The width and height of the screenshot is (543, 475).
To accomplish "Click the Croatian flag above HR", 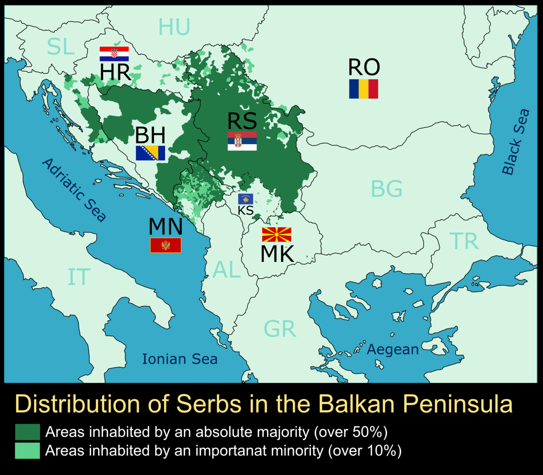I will tap(114, 54).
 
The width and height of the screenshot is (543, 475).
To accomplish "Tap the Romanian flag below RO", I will tap(363, 88).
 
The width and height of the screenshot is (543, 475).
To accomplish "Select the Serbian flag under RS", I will tap(242, 141).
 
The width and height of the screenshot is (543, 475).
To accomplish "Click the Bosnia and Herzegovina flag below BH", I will tap(150, 153).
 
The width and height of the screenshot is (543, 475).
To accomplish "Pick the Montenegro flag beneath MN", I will tap(165, 245).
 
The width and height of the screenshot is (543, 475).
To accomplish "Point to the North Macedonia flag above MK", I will tap(276, 235).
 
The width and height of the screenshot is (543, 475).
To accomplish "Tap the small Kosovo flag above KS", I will tap(245, 199).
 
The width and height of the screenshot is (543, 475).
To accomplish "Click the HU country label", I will tap(174, 27).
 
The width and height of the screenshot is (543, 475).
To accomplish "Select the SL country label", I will tap(61, 47).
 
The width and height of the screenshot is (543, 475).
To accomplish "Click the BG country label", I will tap(386, 189).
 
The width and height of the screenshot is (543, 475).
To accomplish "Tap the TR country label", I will tap(464, 241).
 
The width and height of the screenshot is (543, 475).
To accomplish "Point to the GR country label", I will tap(280, 329).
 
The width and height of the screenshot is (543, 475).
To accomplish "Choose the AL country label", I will tap(227, 270).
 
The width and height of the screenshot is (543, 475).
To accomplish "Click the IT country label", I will tap(79, 277).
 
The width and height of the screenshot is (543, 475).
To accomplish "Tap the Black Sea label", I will tap(516, 142).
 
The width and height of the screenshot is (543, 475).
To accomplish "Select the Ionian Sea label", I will tap(180, 359).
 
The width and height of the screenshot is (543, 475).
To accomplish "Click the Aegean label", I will tap(392, 349).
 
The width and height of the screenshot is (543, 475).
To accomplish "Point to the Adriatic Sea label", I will tap(74, 190).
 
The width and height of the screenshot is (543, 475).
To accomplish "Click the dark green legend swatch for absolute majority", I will tap(27, 432).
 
